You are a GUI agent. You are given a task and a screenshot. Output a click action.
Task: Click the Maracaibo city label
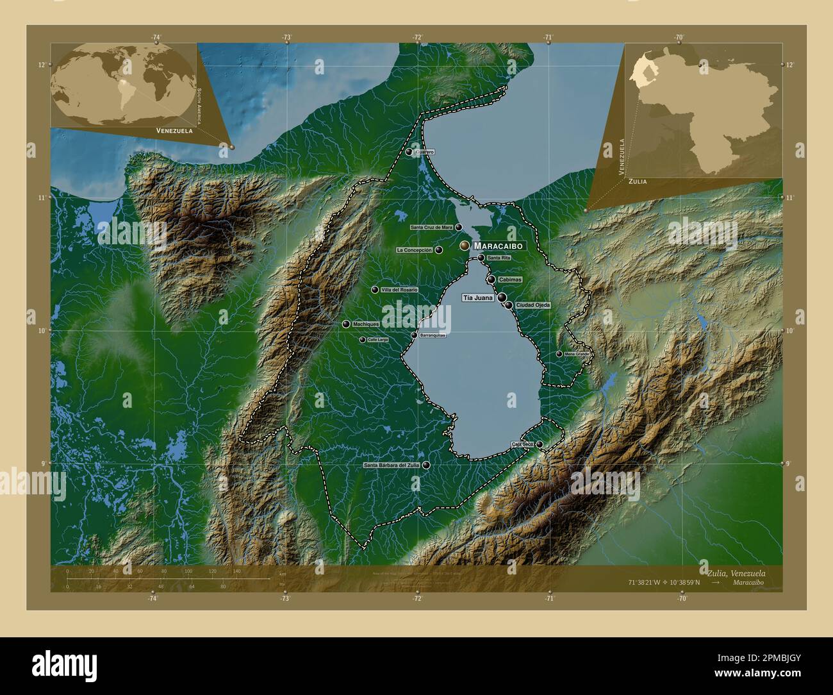pyautogui.click(x=499, y=246)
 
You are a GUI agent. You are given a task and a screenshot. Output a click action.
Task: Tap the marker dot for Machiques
pyautogui.click(x=346, y=324)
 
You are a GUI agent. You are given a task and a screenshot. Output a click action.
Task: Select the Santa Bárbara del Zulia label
pyautogui.click(x=392, y=465)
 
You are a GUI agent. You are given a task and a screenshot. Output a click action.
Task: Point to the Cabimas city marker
pyautogui.click(x=491, y=280)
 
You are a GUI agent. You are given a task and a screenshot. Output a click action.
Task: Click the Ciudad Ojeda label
pyautogui.click(x=533, y=305)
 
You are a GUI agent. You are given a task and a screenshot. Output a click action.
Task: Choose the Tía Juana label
pyautogui.click(x=478, y=298)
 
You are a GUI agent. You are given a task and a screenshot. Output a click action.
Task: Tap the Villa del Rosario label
pyautogui.click(x=399, y=290)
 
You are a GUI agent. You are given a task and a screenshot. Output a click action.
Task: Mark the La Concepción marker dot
pyautogui.click(x=439, y=250)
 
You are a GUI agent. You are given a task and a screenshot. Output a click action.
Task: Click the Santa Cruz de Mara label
pyautogui.click(x=431, y=228)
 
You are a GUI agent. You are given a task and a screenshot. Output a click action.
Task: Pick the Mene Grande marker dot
pyautogui.click(x=559, y=354)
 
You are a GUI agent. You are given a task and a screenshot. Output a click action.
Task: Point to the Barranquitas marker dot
pyautogui.click(x=414, y=335)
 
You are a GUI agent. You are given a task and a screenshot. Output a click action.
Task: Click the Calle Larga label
pyautogui.click(x=378, y=340)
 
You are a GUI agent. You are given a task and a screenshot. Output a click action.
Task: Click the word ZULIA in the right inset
pyautogui.click(x=638, y=181)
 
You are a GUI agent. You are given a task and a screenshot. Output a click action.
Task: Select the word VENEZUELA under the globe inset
pyautogui.click(x=170, y=130)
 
